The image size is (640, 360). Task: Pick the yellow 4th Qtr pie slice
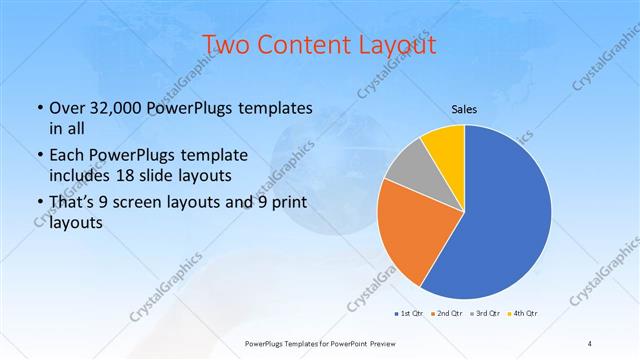(444, 146)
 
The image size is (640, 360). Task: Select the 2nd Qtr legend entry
(446, 314)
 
